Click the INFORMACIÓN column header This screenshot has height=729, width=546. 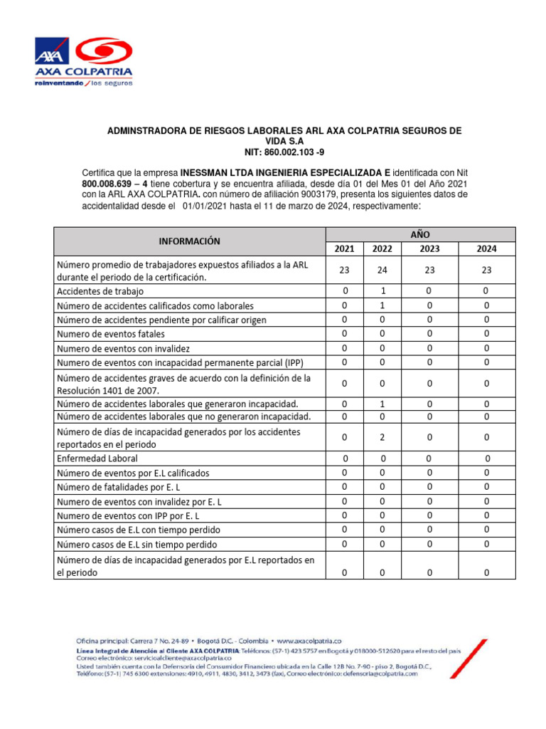189,241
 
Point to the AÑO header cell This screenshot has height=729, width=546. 419,234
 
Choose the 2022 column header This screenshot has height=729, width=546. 382,248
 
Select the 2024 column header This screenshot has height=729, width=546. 486,248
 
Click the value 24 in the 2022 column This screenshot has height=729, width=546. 382,271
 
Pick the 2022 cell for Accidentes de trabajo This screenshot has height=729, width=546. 382,291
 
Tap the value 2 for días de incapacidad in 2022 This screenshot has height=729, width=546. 382,437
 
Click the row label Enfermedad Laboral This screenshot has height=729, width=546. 97,458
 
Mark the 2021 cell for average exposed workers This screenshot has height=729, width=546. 345,271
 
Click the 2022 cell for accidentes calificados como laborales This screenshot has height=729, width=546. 382,305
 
